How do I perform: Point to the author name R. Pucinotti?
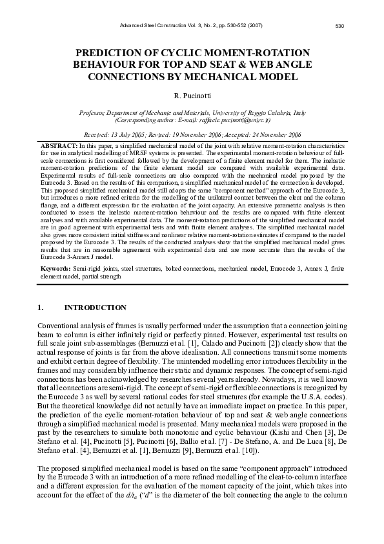[192, 96]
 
